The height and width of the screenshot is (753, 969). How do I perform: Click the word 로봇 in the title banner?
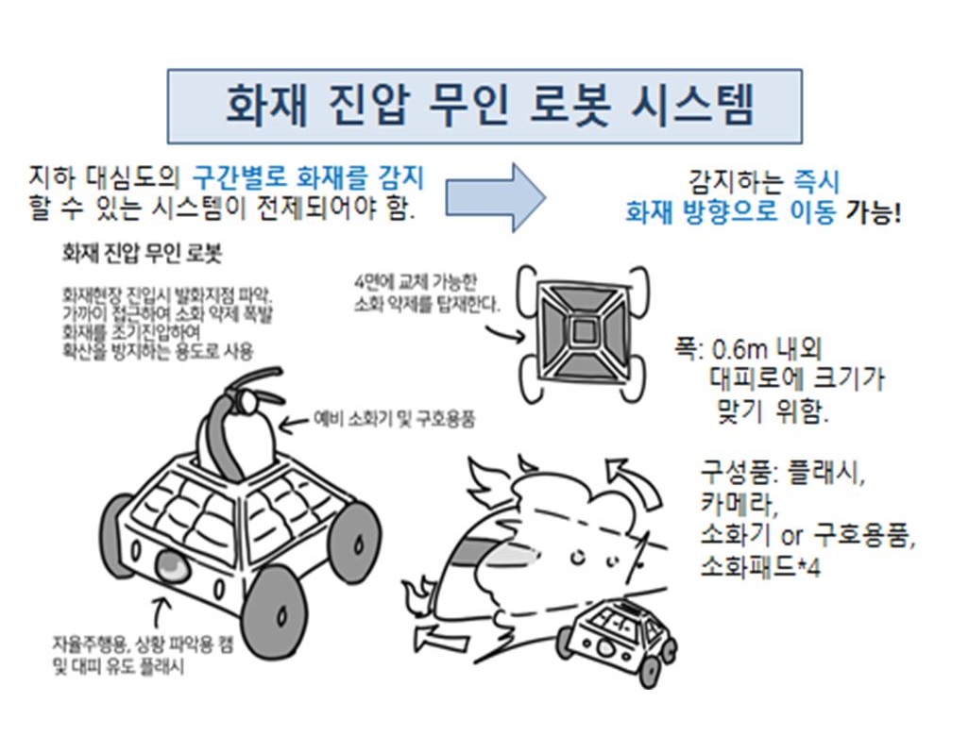pos(570,106)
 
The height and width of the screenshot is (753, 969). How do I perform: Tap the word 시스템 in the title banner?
pos(693,106)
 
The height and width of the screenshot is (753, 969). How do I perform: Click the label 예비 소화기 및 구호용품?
pos(394,419)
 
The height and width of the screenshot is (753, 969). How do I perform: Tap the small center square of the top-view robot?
pos(582,332)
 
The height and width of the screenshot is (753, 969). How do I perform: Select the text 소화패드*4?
pos(760,566)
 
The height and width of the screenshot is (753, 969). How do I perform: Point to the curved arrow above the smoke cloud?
pos(636,481)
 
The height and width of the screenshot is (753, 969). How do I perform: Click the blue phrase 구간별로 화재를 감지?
pos(308,178)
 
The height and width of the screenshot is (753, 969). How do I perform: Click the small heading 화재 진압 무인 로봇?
pos(142,254)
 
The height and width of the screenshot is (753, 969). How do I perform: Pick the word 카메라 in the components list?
pos(738,505)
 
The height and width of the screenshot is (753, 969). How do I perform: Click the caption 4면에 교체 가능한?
pos(416,283)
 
